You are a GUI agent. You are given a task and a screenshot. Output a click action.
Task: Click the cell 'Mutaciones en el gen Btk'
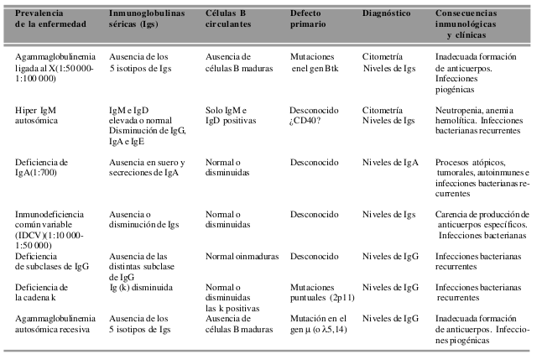pos(315,62)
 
